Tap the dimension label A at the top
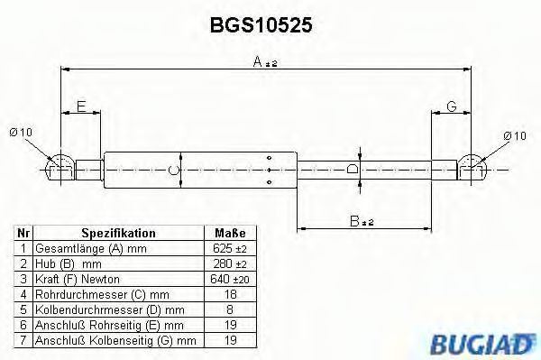click(261, 61)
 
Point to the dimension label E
click(81, 106)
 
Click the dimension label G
click(452, 106)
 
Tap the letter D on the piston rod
click(354, 169)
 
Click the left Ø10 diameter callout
click(21, 134)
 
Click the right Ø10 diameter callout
click(515, 135)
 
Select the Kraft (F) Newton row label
click(77, 280)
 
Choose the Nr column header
click(24, 233)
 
